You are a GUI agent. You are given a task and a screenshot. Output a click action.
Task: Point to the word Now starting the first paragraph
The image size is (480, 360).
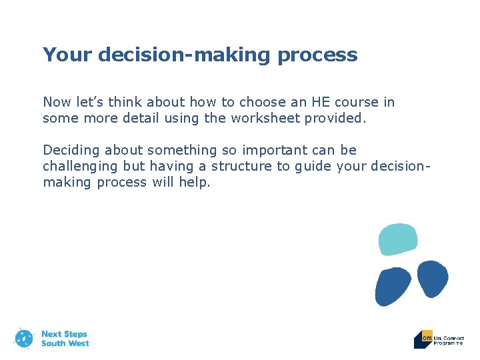tap(57, 102)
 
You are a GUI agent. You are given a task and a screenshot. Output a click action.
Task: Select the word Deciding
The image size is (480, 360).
tap(70, 150)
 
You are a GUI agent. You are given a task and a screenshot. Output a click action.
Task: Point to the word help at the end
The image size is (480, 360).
tap(194, 182)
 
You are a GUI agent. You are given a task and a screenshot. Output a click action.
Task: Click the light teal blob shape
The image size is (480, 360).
tap(398, 239)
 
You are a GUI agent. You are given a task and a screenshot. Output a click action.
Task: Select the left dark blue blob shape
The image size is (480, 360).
tap(393, 286)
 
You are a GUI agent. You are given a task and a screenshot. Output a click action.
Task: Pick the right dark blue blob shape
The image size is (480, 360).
tap(433, 277)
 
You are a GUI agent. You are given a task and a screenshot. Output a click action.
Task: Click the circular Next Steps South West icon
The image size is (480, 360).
tap(24, 338)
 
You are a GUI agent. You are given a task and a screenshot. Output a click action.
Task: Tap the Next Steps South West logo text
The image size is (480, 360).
tap(65, 339)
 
